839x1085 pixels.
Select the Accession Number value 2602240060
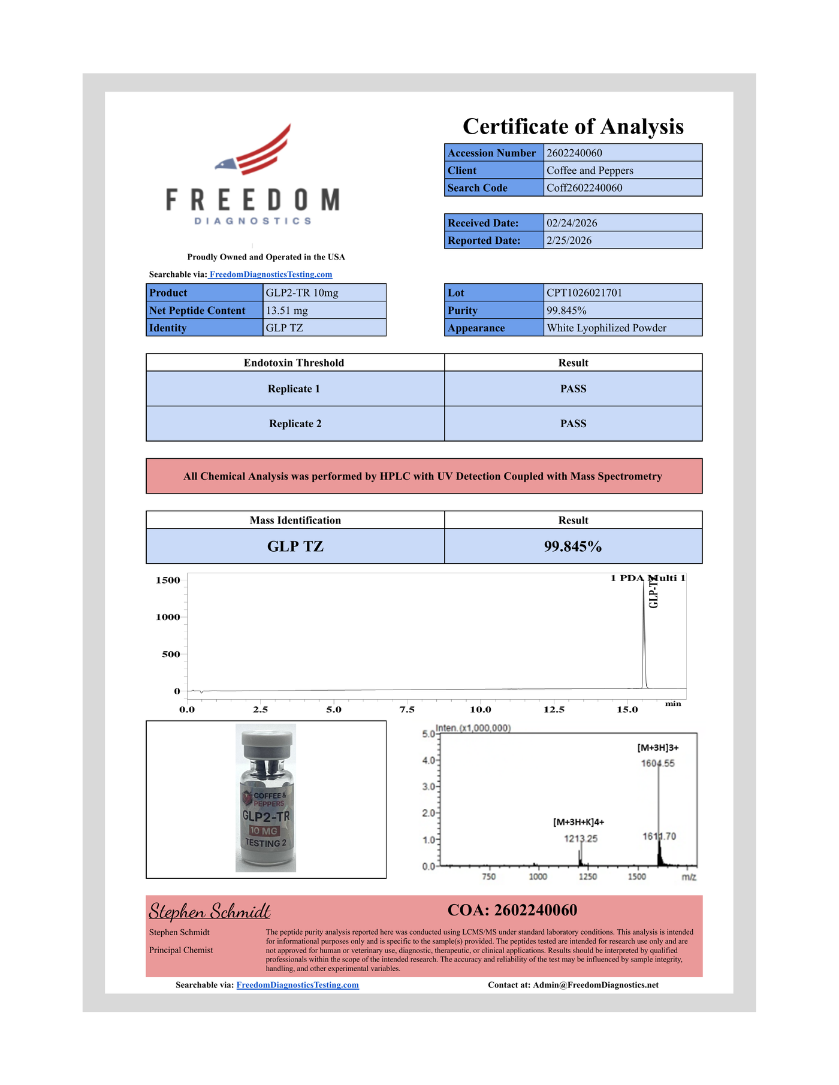[574, 153]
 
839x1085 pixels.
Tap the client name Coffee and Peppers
[590, 170]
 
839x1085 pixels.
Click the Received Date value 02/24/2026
[572, 223]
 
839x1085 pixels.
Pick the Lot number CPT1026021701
[584, 292]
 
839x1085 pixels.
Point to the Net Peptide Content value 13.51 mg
[286, 310]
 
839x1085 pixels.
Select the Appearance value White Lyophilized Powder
[606, 328]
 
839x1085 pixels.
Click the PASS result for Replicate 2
[573, 424]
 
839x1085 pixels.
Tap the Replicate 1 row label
[294, 389]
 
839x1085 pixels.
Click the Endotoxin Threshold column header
[294, 362]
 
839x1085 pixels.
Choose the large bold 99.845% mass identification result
[573, 546]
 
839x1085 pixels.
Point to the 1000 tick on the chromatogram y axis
[168, 617]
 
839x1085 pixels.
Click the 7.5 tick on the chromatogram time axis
[407, 709]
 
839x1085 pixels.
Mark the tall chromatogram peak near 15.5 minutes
[644, 635]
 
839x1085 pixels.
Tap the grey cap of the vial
[267, 743]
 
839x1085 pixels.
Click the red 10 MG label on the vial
[264, 831]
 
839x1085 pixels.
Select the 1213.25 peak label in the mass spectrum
[580, 839]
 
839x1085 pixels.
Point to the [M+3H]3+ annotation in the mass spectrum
[657, 748]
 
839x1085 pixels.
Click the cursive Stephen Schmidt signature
[210, 911]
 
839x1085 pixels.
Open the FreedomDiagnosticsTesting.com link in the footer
[297, 985]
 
